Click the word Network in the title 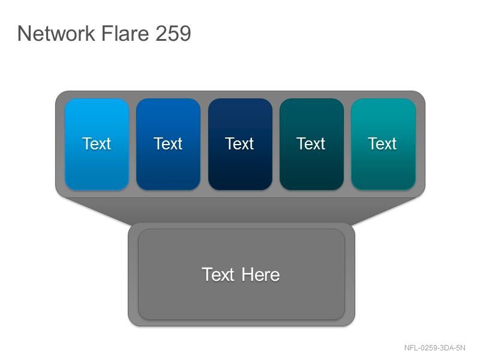point(56,33)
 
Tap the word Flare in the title point(125,33)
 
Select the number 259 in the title point(173,33)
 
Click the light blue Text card point(97,144)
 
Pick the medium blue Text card point(169,144)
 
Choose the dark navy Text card point(240,144)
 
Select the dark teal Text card point(311,144)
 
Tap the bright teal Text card point(383,144)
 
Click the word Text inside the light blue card point(97,143)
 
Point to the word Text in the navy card point(239,143)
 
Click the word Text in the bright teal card point(382,143)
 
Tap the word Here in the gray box point(260,275)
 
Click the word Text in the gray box point(218,275)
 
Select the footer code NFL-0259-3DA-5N point(434,348)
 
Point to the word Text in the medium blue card point(168,143)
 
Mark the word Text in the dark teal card point(311,143)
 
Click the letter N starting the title point(24,33)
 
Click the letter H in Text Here point(248,275)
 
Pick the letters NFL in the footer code point(411,348)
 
